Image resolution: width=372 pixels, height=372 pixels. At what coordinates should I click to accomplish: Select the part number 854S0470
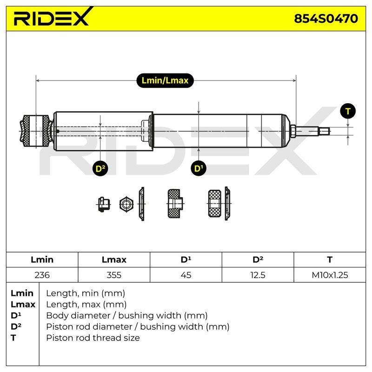pyautogui.click(x=326, y=19)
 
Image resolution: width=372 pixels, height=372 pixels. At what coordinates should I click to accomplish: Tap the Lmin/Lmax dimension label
pyautogui.click(x=165, y=80)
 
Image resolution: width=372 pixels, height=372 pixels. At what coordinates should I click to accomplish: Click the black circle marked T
pyautogui.click(x=348, y=111)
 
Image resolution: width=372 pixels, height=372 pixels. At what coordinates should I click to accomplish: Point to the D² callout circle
pyautogui.click(x=100, y=169)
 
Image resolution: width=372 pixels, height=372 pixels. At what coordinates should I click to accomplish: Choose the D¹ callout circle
pyautogui.click(x=199, y=168)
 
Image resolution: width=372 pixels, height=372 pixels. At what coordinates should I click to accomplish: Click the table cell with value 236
pyautogui.click(x=42, y=275)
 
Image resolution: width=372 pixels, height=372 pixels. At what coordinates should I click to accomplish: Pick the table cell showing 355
pyautogui.click(x=114, y=275)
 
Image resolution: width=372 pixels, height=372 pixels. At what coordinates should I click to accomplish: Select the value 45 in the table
pyautogui.click(x=186, y=275)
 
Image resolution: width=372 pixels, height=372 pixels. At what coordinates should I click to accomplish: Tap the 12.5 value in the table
pyautogui.click(x=258, y=275)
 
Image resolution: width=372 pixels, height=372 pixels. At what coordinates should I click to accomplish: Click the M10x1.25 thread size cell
pyautogui.click(x=330, y=275)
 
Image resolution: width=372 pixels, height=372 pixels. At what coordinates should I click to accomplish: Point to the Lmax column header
pyautogui.click(x=114, y=259)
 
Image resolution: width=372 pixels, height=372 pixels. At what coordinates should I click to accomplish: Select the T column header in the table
pyautogui.click(x=330, y=259)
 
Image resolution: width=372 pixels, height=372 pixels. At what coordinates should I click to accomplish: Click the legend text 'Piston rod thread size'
pyautogui.click(x=93, y=338)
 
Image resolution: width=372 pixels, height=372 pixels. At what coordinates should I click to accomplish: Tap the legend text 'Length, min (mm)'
pyautogui.click(x=86, y=293)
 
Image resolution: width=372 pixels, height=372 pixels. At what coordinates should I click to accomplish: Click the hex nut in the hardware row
pyautogui.click(x=126, y=204)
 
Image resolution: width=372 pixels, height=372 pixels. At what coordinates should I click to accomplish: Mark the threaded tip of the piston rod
pyautogui.click(x=324, y=131)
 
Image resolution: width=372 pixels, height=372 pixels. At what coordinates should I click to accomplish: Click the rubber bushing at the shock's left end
pyautogui.click(x=36, y=131)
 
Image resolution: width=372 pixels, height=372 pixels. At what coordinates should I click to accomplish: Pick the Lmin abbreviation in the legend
pyautogui.click(x=22, y=293)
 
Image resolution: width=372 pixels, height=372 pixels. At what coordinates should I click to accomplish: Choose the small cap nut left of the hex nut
pyautogui.click(x=104, y=204)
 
